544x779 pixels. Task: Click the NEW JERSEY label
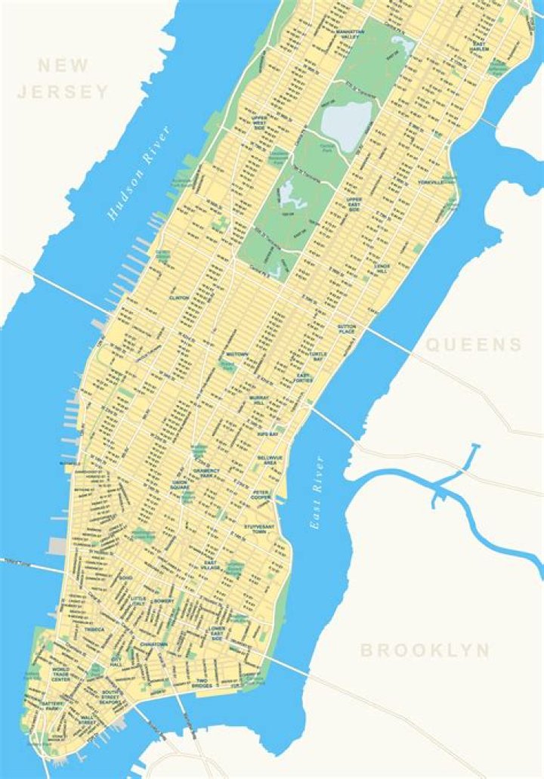(x=63, y=79)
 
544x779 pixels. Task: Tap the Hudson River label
(x=139, y=173)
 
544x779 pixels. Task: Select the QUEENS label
(x=474, y=345)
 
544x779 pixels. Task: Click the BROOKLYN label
(x=425, y=650)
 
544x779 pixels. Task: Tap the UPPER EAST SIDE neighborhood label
(x=354, y=203)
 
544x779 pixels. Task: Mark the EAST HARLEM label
(x=478, y=47)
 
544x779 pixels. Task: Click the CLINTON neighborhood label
(x=179, y=298)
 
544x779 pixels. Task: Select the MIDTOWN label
(x=237, y=354)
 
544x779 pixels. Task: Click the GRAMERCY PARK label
(x=206, y=473)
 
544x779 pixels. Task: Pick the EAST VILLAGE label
(x=212, y=567)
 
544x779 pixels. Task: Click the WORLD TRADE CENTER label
(x=60, y=675)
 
